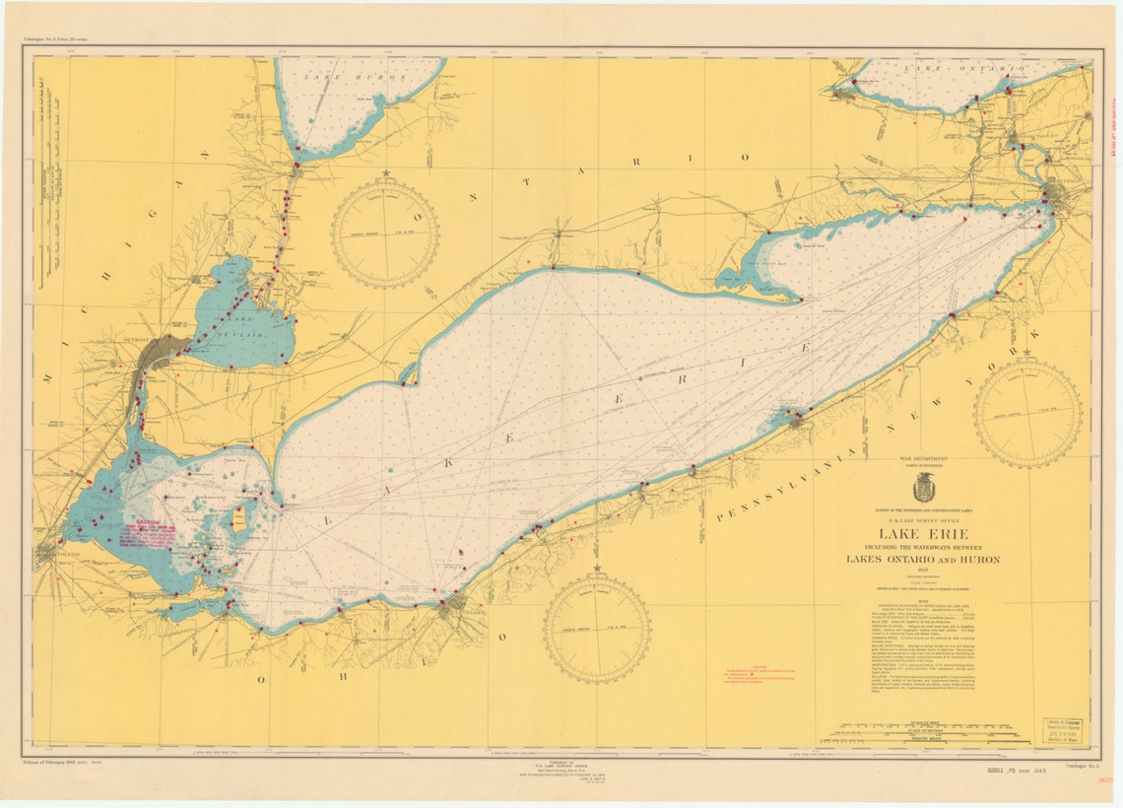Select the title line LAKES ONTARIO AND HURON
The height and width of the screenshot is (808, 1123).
tap(922, 559)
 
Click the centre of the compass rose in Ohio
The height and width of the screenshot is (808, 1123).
tap(596, 628)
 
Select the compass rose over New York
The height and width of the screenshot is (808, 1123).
tap(1027, 412)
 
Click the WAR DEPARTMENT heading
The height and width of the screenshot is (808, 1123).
tap(922, 459)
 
